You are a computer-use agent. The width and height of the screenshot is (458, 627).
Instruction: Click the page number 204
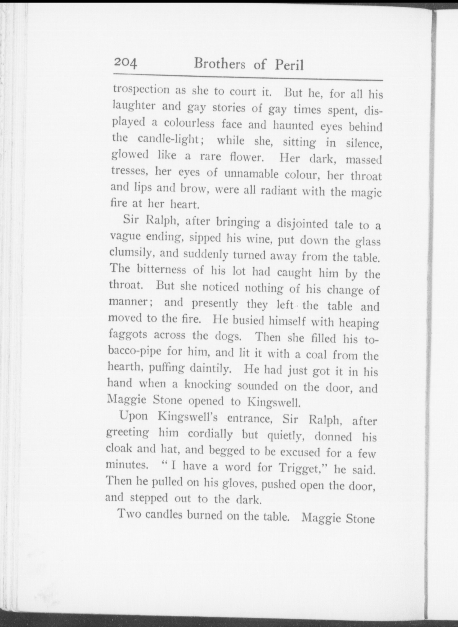(x=125, y=63)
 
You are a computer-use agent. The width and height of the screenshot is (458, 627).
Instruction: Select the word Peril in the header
(x=289, y=65)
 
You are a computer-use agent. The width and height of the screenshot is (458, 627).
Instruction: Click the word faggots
(x=128, y=335)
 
